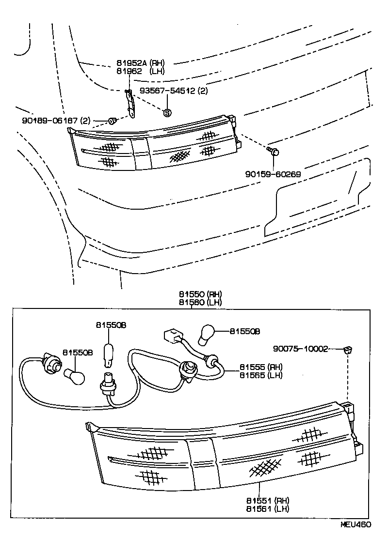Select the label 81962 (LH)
(140, 71)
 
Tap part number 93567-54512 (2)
(174, 91)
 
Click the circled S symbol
(167, 113)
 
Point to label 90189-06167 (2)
(56, 120)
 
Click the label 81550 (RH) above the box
(200, 294)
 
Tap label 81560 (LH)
(200, 302)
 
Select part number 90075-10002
(300, 348)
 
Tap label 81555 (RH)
(261, 367)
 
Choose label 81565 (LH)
(261, 375)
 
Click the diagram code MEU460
(356, 525)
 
